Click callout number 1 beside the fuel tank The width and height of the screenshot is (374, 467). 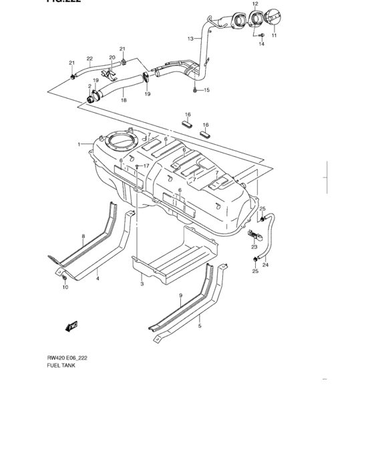coord(78,144)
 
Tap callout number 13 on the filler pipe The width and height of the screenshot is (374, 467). coord(190,38)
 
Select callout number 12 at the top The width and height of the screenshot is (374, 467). coord(254,4)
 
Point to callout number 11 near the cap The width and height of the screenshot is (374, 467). coord(274,35)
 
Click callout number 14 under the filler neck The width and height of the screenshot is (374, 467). coord(262,45)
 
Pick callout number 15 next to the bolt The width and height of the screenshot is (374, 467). coord(206,89)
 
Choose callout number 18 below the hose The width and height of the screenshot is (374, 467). coord(124,101)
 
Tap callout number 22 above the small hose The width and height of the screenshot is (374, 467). coord(89,59)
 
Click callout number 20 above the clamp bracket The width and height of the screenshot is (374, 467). coord(112,57)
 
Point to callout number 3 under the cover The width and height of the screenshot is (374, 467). coord(142,284)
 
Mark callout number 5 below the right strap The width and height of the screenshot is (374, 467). coord(199,326)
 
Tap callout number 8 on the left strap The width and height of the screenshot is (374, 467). coord(83,237)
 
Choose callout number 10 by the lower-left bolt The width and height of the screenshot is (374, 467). coord(65,288)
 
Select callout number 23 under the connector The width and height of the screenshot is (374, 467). coord(254,247)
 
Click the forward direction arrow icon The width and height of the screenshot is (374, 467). coord(71,326)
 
